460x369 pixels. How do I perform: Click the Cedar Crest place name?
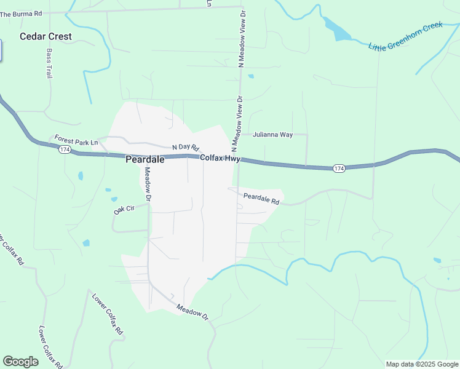pos(46,36)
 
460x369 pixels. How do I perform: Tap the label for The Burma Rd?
pos(21,14)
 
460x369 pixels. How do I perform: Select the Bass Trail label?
pos(49,63)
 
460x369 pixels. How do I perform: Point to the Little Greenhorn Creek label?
pos(405,38)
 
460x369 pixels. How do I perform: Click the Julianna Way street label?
pos(272,134)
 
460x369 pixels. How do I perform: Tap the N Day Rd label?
pos(186,147)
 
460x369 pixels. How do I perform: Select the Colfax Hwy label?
pos(220,158)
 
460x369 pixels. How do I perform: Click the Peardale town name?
pos(145,159)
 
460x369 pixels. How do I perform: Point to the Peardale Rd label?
pos(261,199)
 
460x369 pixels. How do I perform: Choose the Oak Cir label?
pos(124,210)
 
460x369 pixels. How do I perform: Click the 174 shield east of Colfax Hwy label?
pos(338,168)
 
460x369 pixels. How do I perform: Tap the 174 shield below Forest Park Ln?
pos(65,149)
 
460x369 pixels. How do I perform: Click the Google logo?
pos(20,362)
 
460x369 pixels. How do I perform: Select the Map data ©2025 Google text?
pos(422,364)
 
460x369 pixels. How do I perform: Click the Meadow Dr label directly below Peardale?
pos(148,184)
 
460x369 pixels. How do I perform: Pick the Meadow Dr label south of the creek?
pos(192,312)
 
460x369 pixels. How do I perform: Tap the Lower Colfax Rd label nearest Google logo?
pos(50,347)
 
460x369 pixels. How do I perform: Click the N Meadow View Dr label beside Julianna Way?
pos(237,123)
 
